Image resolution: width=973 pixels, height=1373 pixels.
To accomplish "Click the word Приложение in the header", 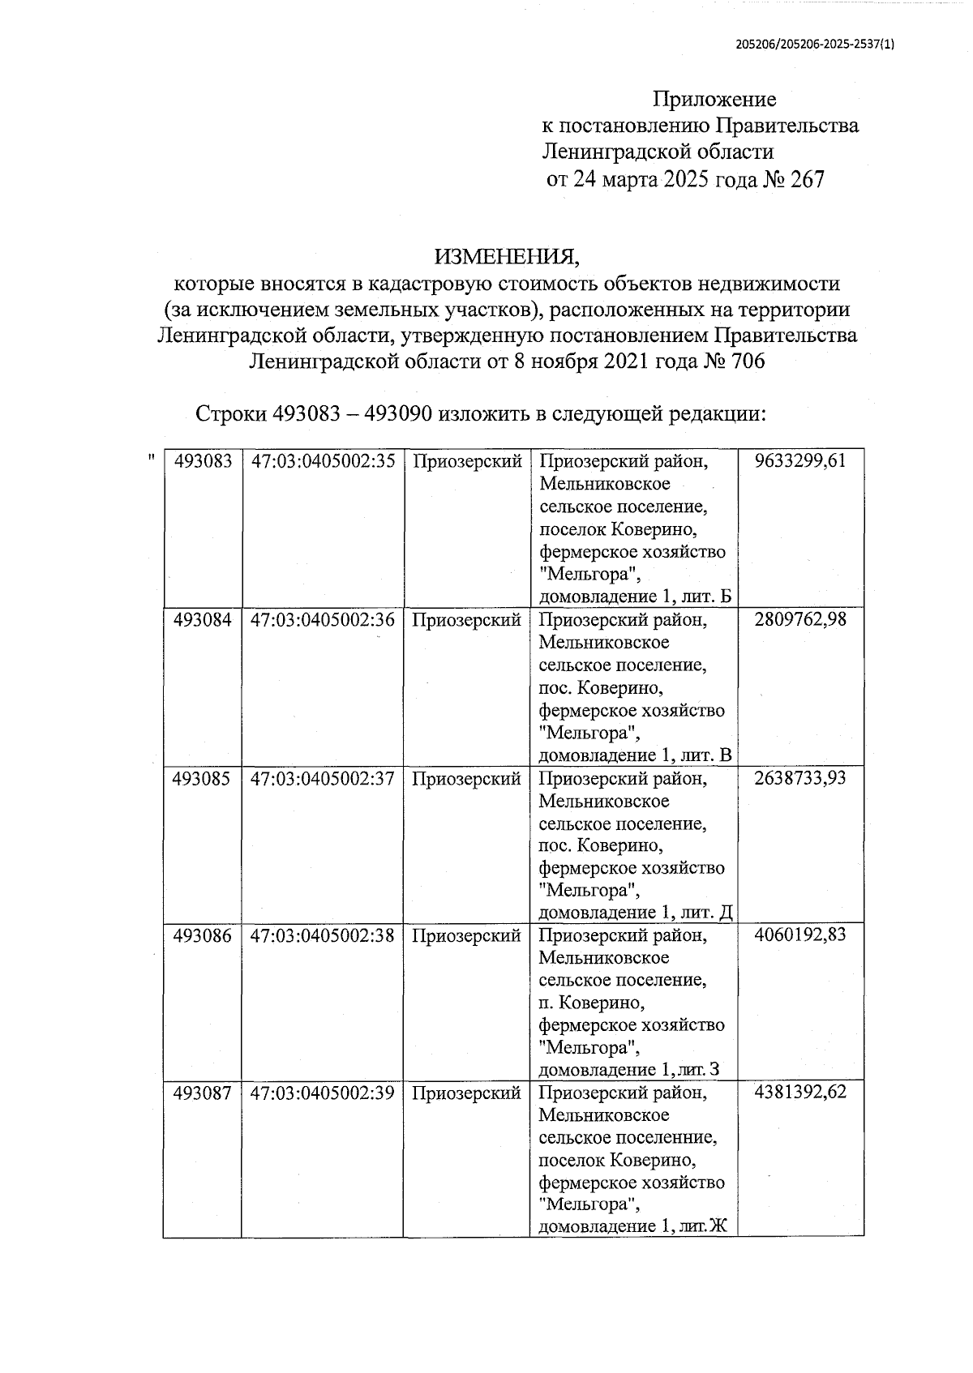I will point(714,100).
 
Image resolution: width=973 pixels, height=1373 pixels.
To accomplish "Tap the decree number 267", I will point(806,179).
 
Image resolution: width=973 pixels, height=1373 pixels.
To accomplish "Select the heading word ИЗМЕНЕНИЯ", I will point(508,258).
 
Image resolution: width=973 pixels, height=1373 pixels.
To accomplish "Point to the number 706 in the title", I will point(748,361).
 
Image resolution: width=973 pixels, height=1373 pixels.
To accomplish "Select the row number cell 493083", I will point(203,461).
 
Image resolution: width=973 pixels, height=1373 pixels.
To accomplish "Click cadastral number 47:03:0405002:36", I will point(323,620).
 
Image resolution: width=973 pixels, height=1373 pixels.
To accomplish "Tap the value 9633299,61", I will point(799,461).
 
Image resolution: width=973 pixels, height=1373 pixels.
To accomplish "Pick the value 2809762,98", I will point(799,620).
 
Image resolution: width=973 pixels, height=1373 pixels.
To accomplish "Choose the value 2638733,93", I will point(799,778).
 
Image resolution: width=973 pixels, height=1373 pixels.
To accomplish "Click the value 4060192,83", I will point(799,935).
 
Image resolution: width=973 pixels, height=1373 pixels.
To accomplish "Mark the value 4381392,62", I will point(799,1092).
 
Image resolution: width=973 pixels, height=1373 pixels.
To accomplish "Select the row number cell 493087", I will point(203,1093).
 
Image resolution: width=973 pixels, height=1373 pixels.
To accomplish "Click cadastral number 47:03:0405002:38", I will point(323,935).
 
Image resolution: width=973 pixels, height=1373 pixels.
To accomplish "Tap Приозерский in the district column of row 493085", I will point(466,779).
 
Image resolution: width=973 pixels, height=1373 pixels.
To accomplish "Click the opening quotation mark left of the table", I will point(151,459).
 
